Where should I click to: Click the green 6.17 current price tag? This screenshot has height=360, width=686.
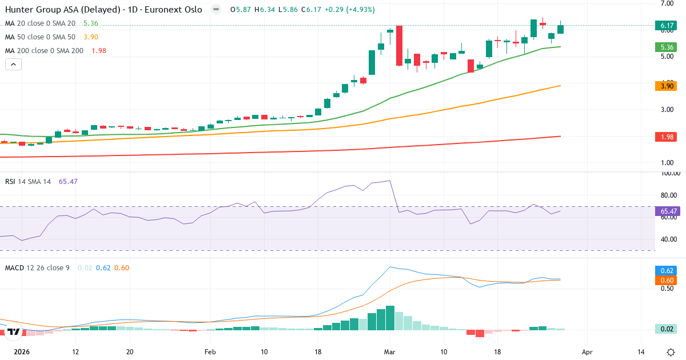[x=665, y=26]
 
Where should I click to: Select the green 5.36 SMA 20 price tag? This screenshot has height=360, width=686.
[x=665, y=47]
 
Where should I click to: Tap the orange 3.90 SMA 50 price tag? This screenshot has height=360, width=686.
[x=665, y=86]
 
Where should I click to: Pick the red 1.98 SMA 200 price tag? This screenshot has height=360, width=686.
[x=665, y=137]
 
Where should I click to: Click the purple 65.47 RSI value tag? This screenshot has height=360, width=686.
[x=665, y=211]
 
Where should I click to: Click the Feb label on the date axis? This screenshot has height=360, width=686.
[x=210, y=352]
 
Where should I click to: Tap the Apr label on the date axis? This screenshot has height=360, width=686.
[x=587, y=352]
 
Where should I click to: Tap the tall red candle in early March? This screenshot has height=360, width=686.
[x=400, y=46]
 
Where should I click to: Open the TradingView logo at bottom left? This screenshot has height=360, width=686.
[x=13, y=331]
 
